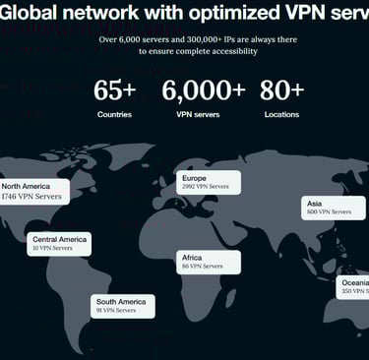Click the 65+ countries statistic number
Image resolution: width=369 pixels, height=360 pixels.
click(114, 90)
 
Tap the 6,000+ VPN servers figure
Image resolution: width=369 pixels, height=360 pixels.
click(204, 90)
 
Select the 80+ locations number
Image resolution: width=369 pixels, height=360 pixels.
click(282, 90)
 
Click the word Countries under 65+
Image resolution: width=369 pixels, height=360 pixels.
click(114, 115)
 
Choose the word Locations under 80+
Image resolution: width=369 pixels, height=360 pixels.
click(282, 115)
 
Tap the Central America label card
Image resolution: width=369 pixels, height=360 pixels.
click(59, 243)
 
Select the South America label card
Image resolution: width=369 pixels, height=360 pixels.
click(123, 306)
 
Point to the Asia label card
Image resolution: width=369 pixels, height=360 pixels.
click(328, 207)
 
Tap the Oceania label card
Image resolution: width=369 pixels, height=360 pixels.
click(354, 287)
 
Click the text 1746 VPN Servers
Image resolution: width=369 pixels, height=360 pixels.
click(31, 198)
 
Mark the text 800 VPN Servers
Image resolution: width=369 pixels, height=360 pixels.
click(329, 212)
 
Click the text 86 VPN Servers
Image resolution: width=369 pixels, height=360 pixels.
click(203, 267)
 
